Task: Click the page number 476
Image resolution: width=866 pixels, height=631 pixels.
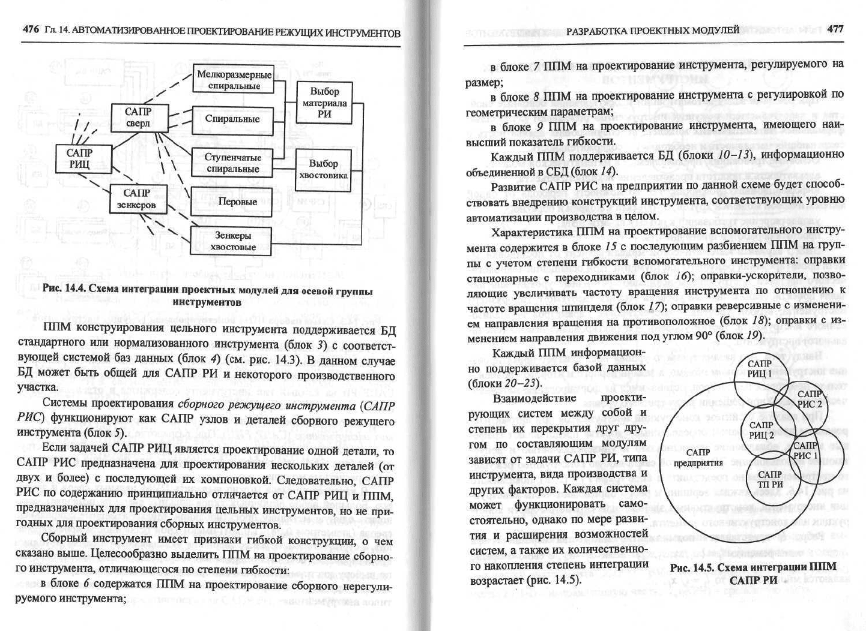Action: point(31,31)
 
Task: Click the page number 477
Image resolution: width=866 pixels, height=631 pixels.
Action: point(835,29)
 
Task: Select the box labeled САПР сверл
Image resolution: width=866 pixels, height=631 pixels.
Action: point(138,118)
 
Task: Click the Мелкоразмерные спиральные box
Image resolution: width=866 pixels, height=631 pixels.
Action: point(234,80)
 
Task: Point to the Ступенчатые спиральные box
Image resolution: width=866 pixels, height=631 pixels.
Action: point(232,163)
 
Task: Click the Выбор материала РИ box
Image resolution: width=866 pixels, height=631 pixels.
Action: point(324,103)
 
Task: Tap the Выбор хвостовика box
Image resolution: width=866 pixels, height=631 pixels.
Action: point(324,170)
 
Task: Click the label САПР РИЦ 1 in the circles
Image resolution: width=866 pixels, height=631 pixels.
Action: point(760,369)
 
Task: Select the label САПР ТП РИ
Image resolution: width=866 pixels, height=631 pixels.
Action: point(771,479)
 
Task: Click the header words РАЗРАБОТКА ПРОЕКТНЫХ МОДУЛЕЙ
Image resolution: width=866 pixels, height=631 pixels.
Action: point(653,29)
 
